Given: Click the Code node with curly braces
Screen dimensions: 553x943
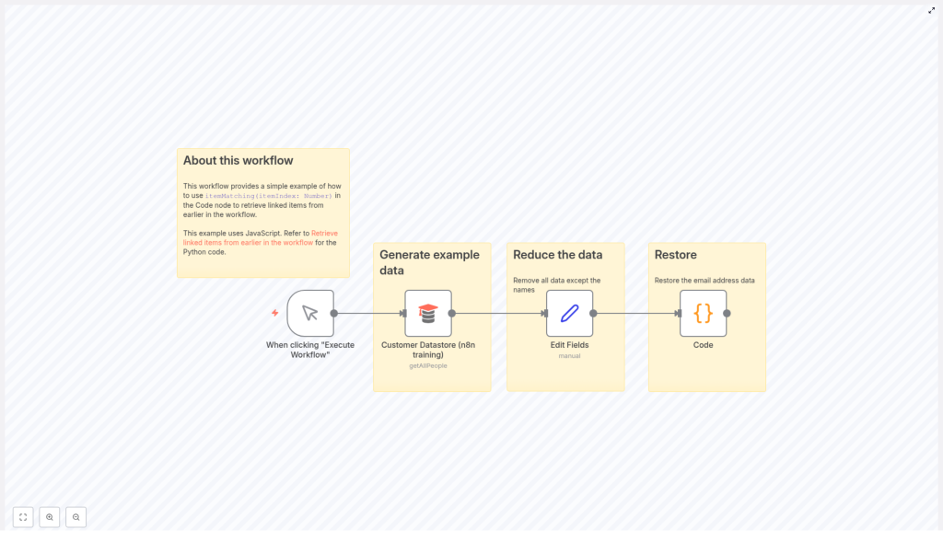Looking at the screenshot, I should coord(703,313).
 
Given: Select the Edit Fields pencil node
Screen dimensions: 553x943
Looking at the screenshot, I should coord(569,313).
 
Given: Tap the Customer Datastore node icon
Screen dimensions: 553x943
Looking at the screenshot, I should coord(428,313).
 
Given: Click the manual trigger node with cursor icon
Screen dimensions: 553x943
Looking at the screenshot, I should coord(310,313).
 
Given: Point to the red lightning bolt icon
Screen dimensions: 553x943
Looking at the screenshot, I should coord(274,313).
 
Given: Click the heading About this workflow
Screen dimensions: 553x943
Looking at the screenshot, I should coord(238,161).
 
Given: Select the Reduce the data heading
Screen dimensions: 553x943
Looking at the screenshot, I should coord(557,255).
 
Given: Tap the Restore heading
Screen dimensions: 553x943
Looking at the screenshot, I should coord(675,255).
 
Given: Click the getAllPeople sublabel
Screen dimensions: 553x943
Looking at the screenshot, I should coord(428,366).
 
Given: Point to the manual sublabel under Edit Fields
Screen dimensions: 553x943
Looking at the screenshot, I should coord(569,356).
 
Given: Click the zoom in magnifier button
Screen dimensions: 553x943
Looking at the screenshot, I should coord(50,517).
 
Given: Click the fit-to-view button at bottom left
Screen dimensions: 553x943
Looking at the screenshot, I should coord(23,517).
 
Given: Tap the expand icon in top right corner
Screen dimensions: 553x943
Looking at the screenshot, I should coord(931,10).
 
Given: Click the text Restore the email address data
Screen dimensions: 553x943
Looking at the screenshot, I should coord(704,281).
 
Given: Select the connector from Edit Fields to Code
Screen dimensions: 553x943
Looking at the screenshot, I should coord(635,313).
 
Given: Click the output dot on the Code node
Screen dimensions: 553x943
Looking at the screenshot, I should coord(727,313).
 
